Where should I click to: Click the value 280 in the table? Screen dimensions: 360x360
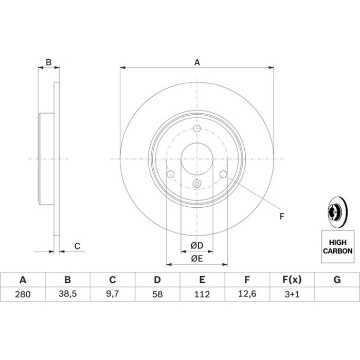click(x=23, y=294)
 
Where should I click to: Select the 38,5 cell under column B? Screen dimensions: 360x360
click(x=67, y=294)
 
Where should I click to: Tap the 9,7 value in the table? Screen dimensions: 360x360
click(x=113, y=294)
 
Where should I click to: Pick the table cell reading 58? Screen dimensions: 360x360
click(x=157, y=294)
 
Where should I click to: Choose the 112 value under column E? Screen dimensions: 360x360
click(x=202, y=294)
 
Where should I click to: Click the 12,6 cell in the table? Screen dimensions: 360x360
click(x=247, y=294)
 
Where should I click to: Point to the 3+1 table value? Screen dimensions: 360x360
click(x=292, y=294)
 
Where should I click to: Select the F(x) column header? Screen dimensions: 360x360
click(x=292, y=280)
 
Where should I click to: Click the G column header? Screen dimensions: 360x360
click(x=337, y=280)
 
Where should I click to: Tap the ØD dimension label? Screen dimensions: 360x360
click(x=197, y=245)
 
